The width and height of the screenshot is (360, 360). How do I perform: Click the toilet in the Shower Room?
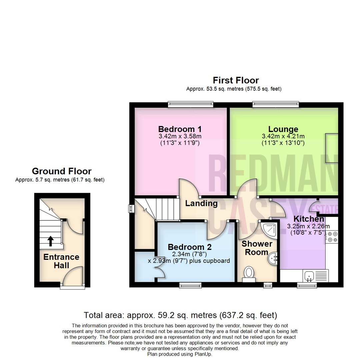click(249, 274)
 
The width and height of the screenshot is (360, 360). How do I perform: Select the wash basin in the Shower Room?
click(273, 258)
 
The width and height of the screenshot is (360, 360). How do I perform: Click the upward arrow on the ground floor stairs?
click(51, 241)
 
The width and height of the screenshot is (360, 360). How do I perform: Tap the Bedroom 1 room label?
click(180, 129)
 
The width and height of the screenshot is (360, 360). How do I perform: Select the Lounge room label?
click(283, 129)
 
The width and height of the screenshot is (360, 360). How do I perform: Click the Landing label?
click(201, 203)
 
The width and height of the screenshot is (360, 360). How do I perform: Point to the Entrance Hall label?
click(61, 261)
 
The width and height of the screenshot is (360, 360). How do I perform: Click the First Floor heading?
click(236, 80)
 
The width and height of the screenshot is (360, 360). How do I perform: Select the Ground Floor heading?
click(62, 171)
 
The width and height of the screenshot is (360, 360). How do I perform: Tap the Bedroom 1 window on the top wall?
click(191, 104)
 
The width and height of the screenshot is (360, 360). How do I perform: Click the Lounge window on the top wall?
click(276, 104)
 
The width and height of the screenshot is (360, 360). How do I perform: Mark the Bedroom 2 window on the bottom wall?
click(190, 285)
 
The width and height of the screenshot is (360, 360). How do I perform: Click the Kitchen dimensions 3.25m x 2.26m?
click(308, 226)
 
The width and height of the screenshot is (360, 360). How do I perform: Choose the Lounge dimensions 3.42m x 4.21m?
click(283, 136)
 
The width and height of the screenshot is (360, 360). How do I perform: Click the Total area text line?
click(180, 315)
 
